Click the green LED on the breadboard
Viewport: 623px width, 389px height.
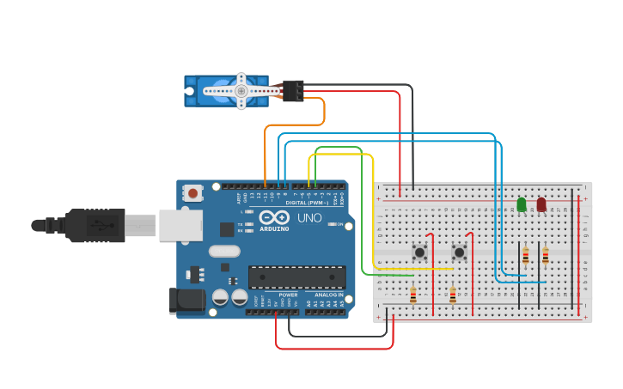(522, 204)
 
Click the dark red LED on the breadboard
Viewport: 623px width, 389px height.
(541, 204)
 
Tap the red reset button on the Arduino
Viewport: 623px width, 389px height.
(192, 193)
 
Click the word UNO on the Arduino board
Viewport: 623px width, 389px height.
(309, 218)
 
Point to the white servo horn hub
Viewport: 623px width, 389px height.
(241, 90)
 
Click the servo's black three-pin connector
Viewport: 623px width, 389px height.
(293, 90)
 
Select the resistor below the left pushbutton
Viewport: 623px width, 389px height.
(413, 295)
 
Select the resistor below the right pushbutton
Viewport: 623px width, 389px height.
(453, 295)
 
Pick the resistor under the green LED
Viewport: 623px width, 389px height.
(525, 256)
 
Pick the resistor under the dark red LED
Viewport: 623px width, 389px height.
(545, 256)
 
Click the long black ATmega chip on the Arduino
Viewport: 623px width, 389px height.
(297, 277)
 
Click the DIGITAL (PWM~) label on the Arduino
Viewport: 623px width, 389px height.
(307, 202)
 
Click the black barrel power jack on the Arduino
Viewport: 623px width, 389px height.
(188, 301)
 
